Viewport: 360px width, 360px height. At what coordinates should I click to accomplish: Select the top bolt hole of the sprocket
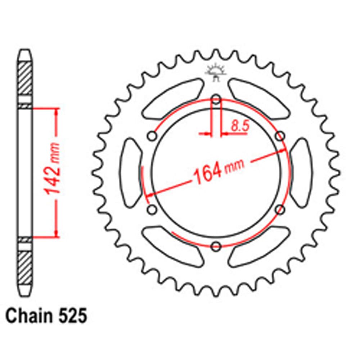(x=216, y=99)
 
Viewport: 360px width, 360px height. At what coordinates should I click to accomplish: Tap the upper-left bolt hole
(x=152, y=136)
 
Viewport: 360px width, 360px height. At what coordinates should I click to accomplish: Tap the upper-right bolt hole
(x=280, y=136)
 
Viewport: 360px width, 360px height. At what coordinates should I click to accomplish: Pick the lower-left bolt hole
(x=152, y=209)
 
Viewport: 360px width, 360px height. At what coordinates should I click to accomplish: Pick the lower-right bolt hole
(x=280, y=209)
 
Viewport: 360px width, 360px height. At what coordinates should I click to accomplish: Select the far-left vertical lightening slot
(x=131, y=173)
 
